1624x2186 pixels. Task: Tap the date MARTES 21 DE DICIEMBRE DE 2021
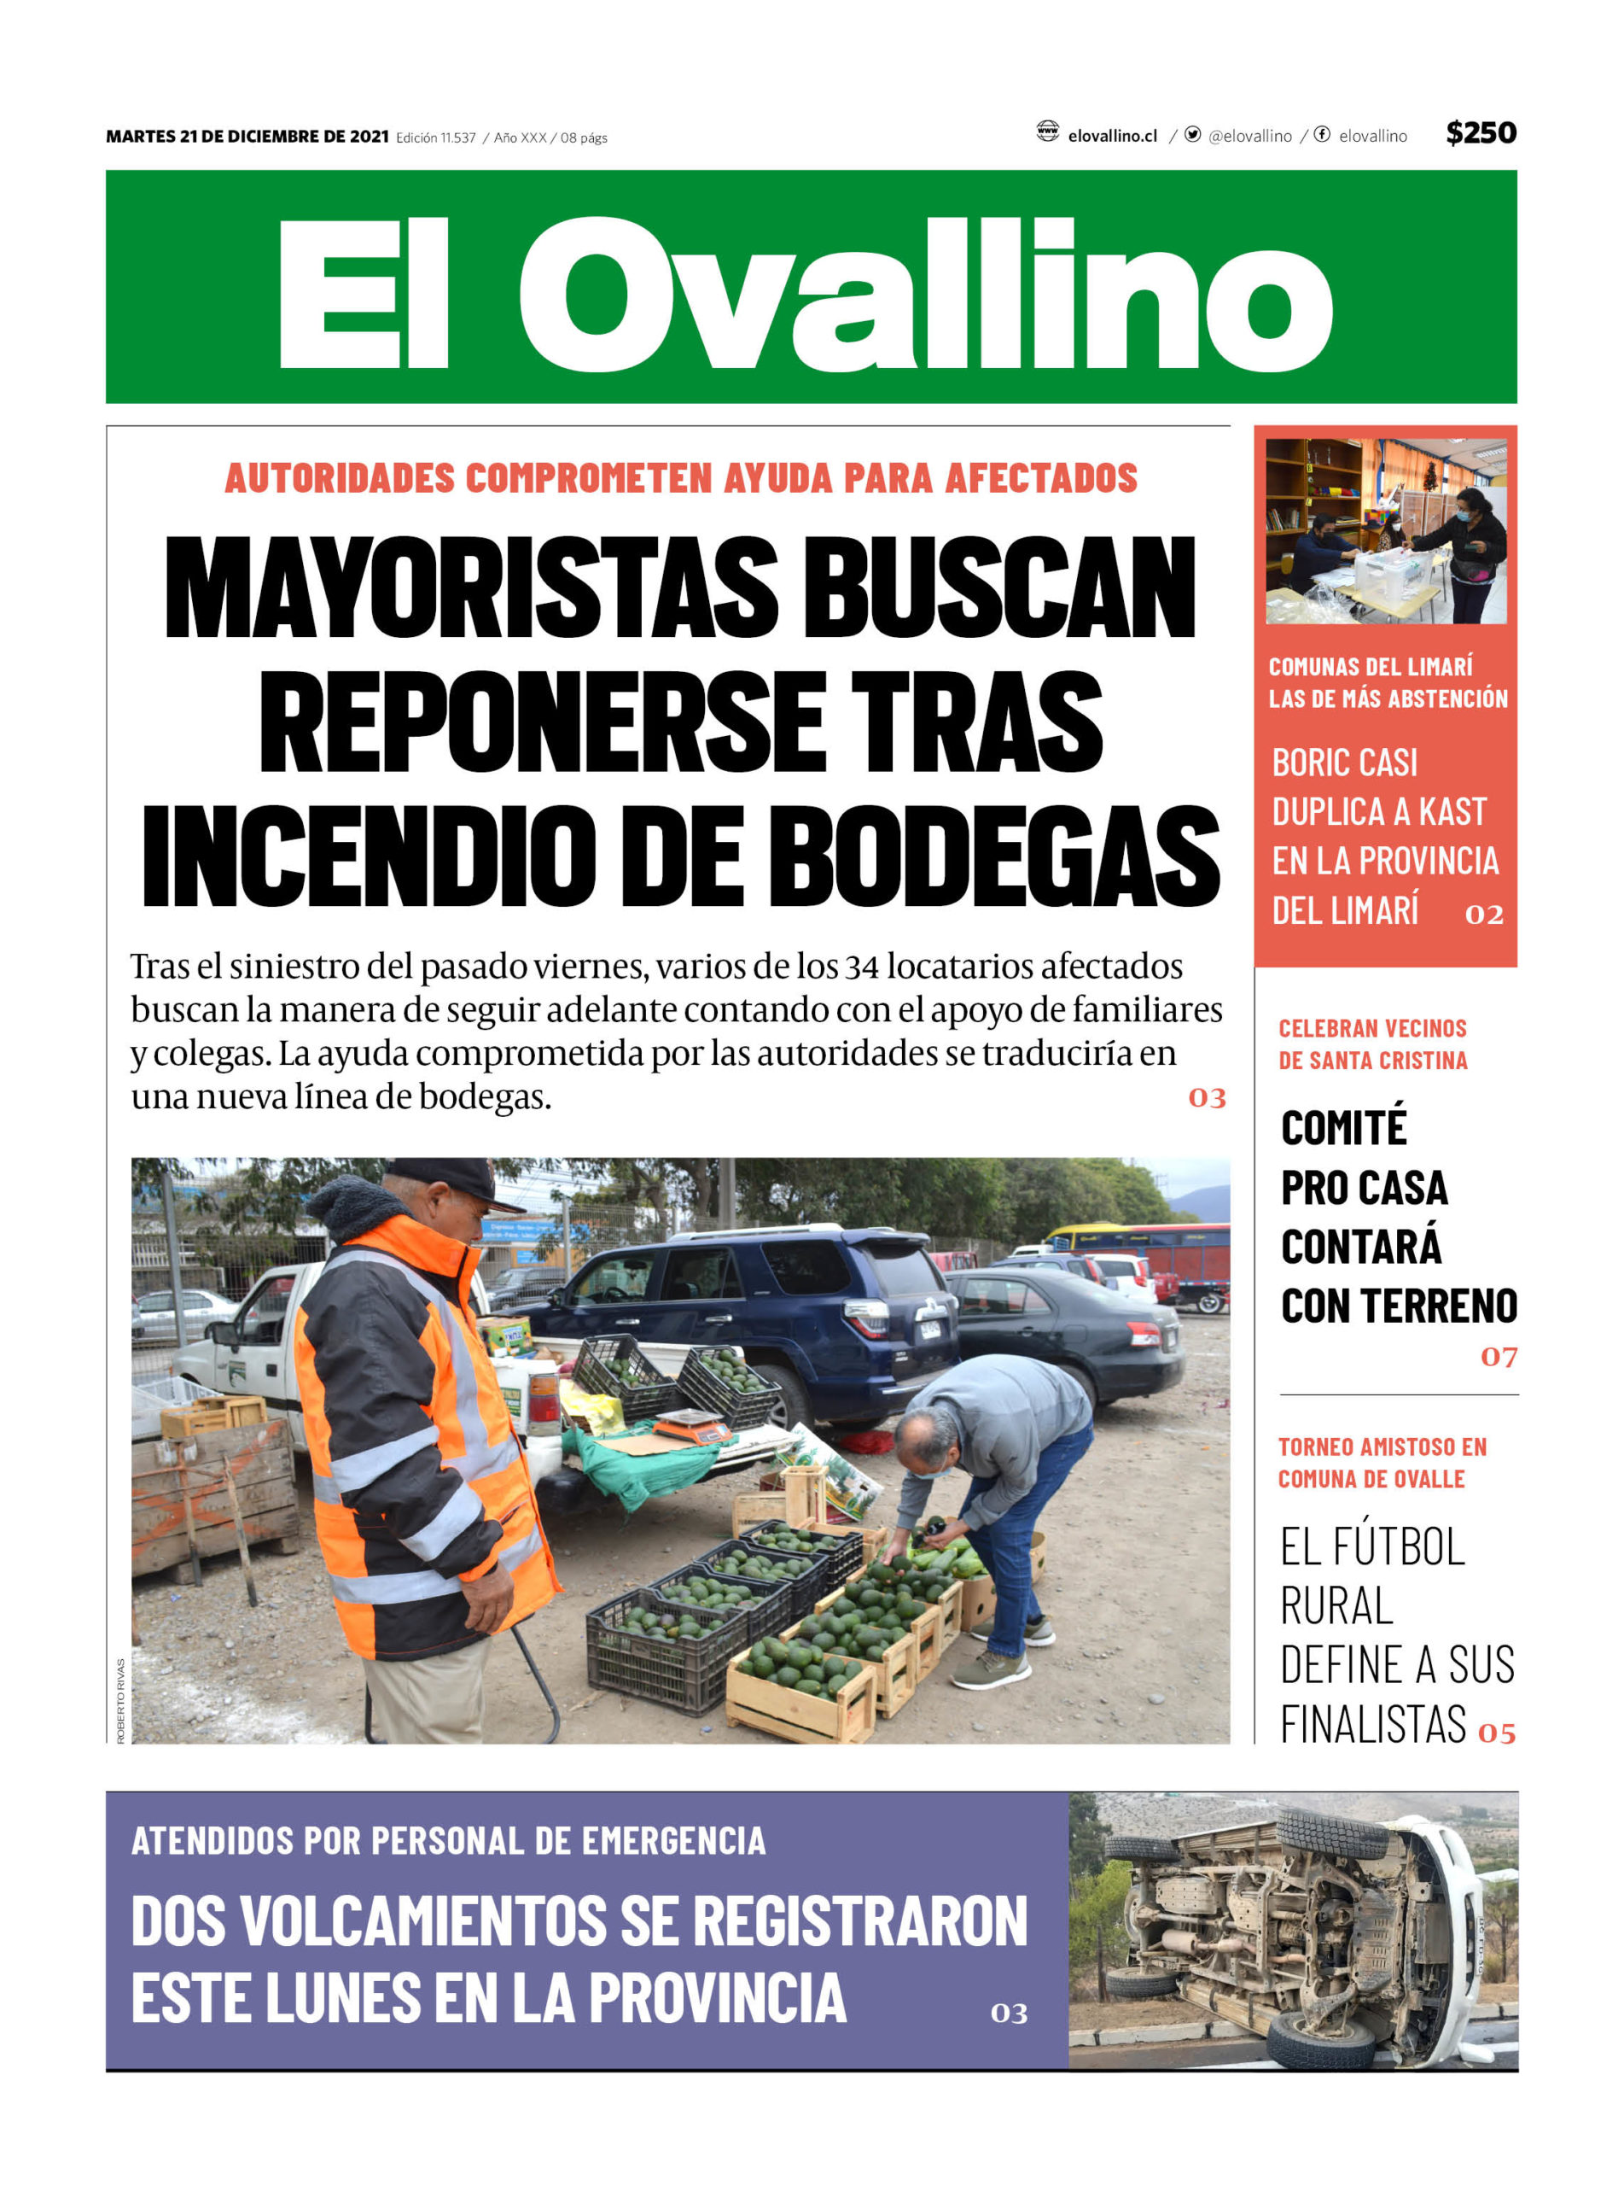247,137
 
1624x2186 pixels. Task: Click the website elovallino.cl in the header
1112,136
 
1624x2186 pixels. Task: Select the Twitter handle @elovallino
1249,136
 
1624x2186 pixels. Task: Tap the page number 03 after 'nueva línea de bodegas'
1206,1097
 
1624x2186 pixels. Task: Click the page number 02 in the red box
1483,915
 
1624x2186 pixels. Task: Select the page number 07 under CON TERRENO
1499,1357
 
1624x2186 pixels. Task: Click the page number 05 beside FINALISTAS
1496,1733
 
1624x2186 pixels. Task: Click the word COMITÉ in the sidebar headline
1344,1128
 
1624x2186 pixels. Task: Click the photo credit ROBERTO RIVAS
121,1701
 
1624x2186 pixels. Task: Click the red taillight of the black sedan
1144,1335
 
